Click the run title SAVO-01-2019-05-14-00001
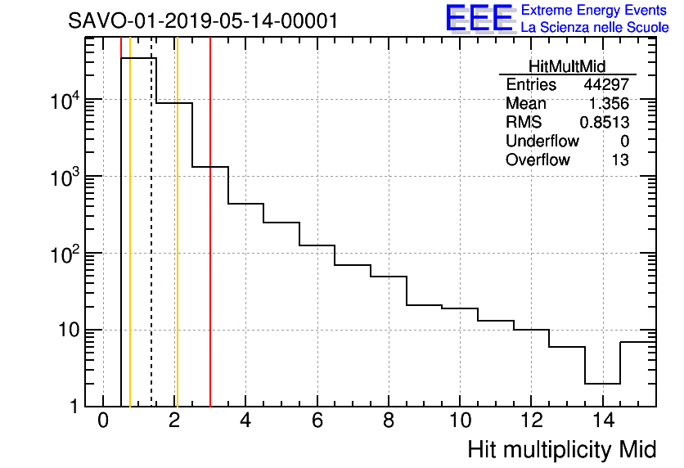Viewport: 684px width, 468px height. pos(203,20)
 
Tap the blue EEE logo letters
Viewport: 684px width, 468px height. pos(479,18)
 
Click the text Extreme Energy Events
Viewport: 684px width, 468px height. pos(595,11)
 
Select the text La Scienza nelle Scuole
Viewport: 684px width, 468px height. pos(595,28)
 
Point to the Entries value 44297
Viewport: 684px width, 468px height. pos(606,85)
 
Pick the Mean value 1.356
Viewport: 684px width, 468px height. pos(610,104)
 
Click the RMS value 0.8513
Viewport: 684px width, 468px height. pos(605,123)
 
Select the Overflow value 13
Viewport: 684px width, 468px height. pos(620,160)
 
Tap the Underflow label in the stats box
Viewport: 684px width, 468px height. pos(542,142)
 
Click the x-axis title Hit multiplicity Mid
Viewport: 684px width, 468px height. pos(562,450)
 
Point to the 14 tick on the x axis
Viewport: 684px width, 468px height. pos(602,422)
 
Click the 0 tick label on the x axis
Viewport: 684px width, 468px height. pos(103,422)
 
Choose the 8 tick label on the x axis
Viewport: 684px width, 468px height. pos(389,422)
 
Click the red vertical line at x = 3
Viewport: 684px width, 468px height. pos(210,245)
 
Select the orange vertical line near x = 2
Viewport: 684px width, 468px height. pos(177,245)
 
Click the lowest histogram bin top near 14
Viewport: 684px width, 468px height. pos(602,383)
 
